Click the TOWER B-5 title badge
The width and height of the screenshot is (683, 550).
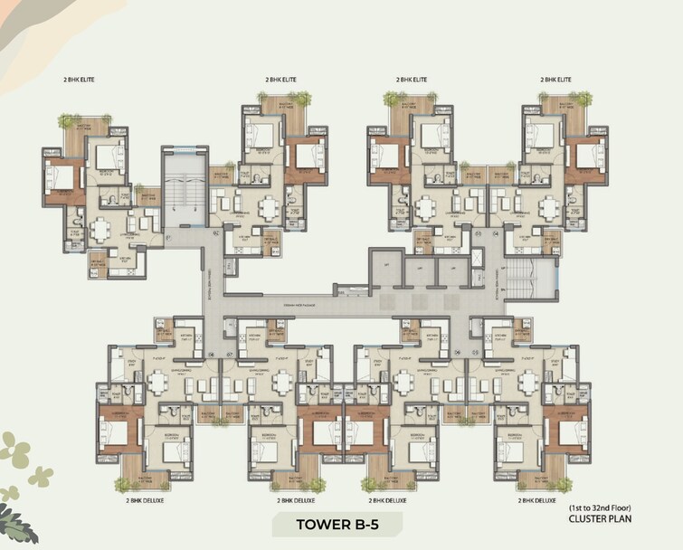tap(341, 524)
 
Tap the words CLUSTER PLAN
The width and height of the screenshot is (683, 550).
tap(600, 520)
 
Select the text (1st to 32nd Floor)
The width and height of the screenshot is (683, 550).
tap(600, 508)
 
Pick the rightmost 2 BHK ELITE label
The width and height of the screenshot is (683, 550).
tap(555, 81)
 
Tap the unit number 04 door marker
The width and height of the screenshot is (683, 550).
tap(496, 232)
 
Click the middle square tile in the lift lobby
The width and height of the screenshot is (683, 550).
tap(418, 301)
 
